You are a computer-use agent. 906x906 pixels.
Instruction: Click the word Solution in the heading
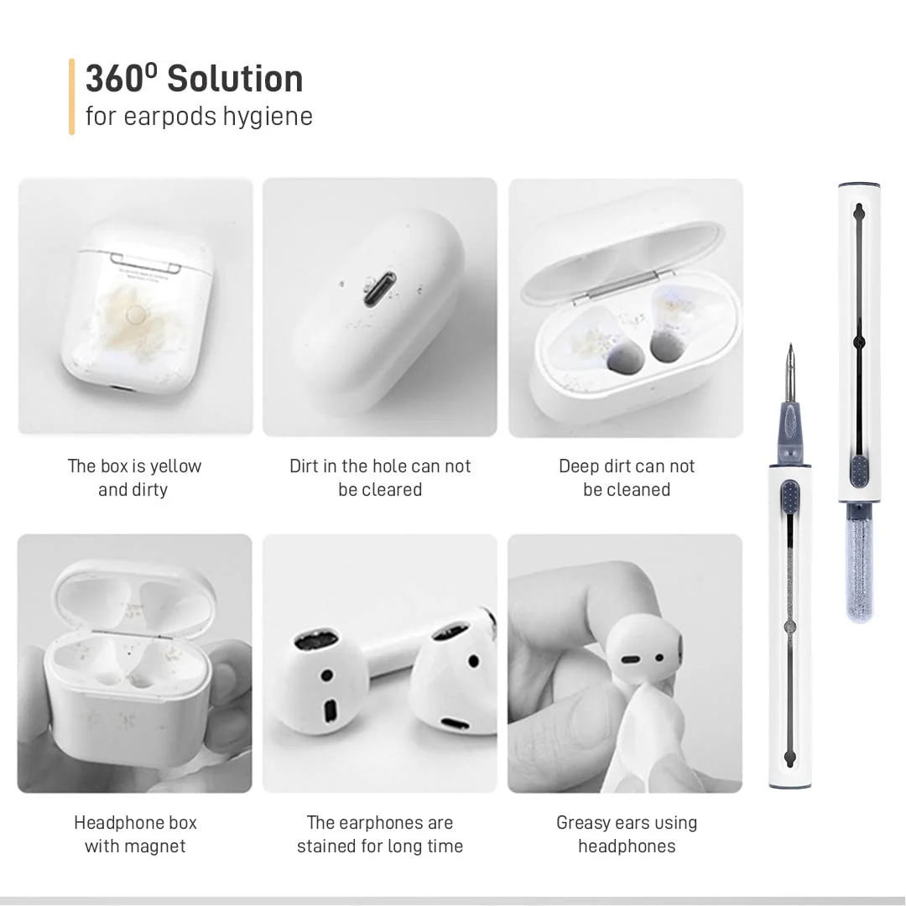pos(235,80)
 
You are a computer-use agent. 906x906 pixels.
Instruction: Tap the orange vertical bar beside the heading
pos(72,96)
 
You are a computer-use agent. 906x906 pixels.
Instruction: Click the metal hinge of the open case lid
pos(622,289)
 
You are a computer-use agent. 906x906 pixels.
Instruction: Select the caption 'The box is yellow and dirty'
pos(134,477)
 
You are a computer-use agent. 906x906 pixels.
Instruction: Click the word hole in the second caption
pos(390,466)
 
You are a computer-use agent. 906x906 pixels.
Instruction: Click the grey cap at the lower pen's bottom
pos(789,785)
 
